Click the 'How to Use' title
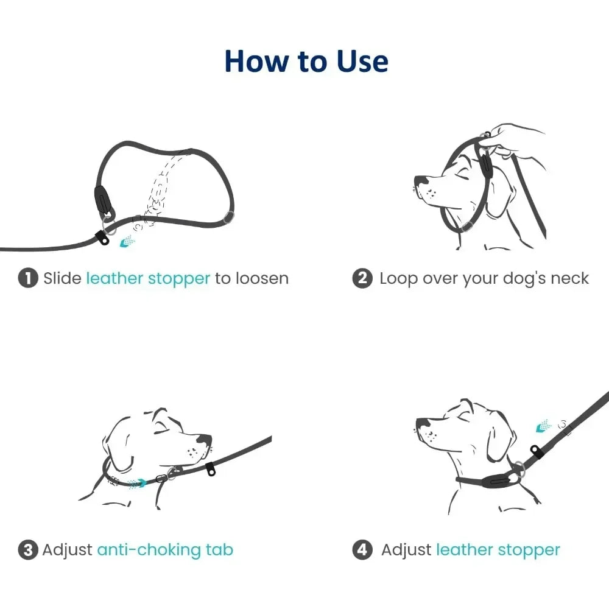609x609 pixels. coord(306,62)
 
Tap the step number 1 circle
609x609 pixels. coord(27,279)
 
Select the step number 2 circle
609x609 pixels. coord(362,279)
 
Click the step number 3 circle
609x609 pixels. coord(27,551)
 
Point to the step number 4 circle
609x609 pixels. coord(362,551)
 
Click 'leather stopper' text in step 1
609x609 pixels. coord(148,279)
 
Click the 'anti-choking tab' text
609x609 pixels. coord(165,551)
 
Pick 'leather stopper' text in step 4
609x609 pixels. coord(498,551)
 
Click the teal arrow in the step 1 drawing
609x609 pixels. coord(127,242)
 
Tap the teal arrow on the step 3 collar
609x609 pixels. coord(138,482)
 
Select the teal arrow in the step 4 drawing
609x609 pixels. coord(543,427)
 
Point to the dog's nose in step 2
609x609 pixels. coord(420,181)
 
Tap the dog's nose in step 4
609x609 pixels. coord(421,422)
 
